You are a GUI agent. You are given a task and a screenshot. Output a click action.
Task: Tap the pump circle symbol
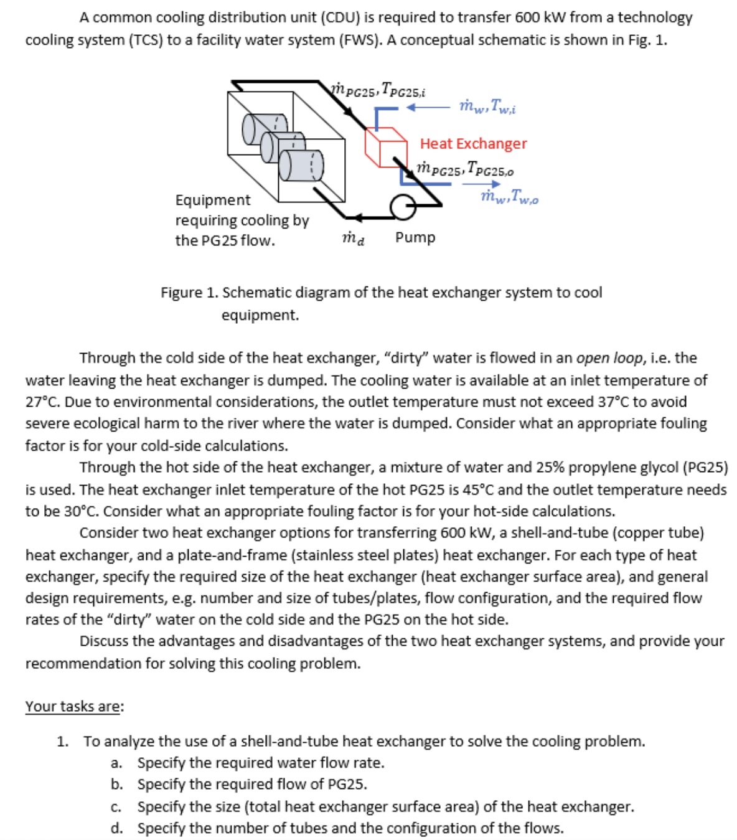[403, 207]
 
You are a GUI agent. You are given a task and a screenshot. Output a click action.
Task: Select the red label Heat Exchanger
[473, 144]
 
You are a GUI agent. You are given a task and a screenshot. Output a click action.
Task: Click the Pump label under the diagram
[415, 238]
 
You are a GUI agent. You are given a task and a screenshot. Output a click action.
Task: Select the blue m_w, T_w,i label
[487, 106]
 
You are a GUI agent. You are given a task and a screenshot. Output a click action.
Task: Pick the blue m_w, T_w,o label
[509, 197]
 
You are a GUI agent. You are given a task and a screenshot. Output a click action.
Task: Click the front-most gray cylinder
[301, 164]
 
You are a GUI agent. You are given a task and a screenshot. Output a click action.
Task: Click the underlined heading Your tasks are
[74, 707]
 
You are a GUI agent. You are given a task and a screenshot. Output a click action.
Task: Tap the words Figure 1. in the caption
[189, 293]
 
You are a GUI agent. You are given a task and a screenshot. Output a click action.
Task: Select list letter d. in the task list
[116, 829]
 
